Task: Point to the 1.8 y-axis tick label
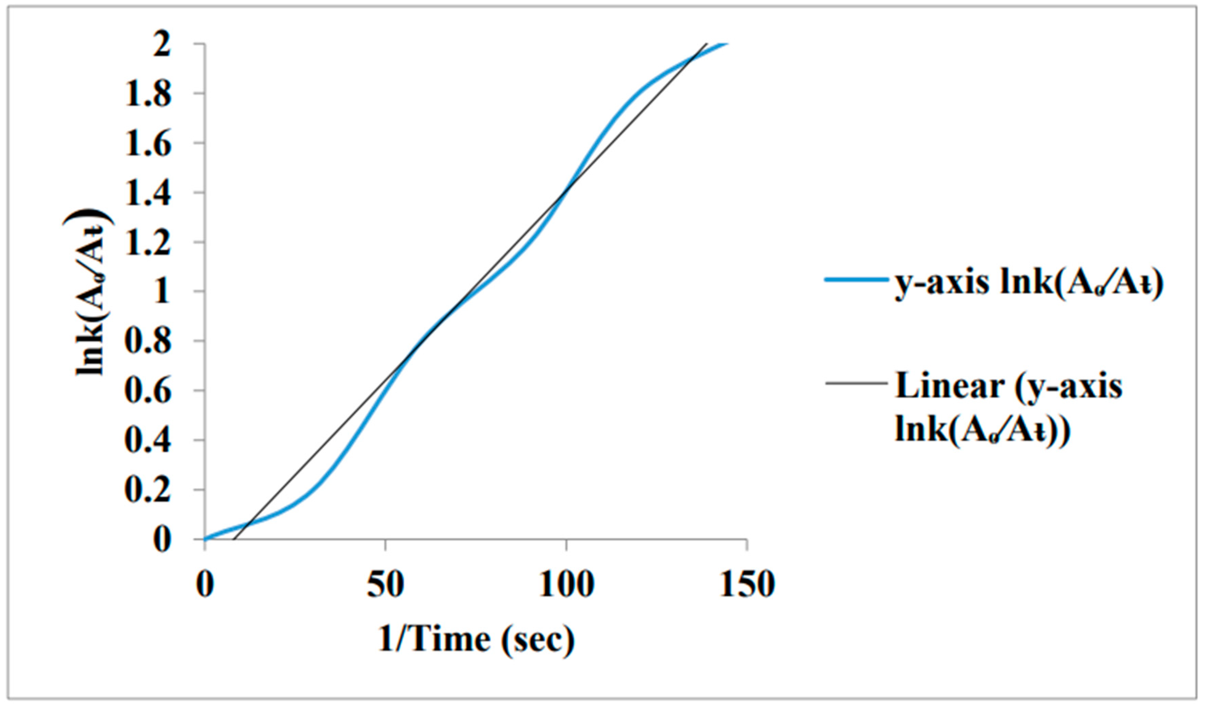coord(147,95)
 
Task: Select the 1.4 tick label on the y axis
coord(147,194)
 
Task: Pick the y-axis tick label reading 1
coord(161,292)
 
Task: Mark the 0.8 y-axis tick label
coord(147,342)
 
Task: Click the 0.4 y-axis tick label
coord(147,441)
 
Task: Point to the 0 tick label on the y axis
coord(161,540)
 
